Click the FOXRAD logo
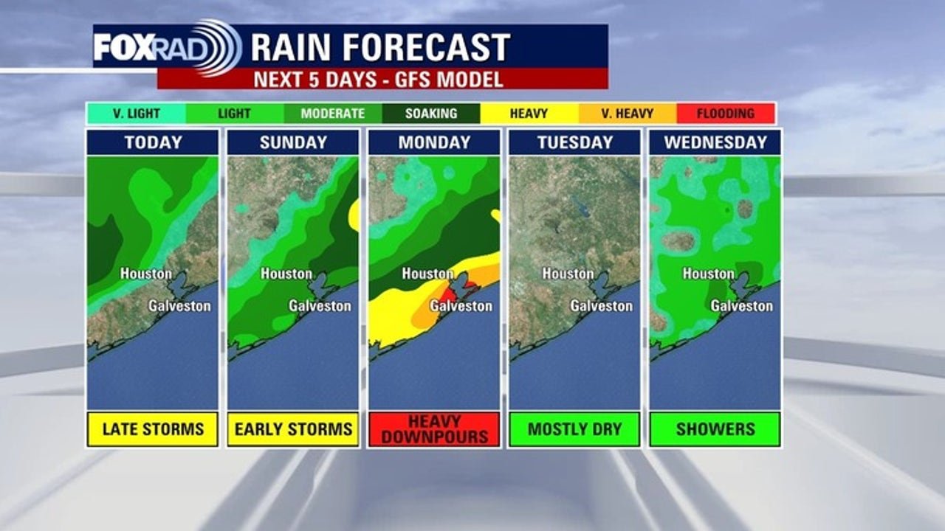click(167, 47)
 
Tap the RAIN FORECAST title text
click(380, 47)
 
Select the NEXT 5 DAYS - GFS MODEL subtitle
click(378, 80)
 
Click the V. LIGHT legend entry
click(137, 114)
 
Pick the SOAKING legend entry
click(431, 114)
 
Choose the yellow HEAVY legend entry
click(529, 114)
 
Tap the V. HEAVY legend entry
click(627, 114)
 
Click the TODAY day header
click(153, 142)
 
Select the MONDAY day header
click(434, 142)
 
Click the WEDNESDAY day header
click(715, 142)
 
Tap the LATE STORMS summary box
click(153, 428)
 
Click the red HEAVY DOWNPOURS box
click(434, 428)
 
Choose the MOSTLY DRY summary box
click(574, 428)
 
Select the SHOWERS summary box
click(715, 428)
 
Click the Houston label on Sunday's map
click(286, 274)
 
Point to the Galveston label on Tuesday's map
click(601, 305)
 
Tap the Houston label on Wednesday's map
click(708, 274)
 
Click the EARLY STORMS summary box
click(293, 428)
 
